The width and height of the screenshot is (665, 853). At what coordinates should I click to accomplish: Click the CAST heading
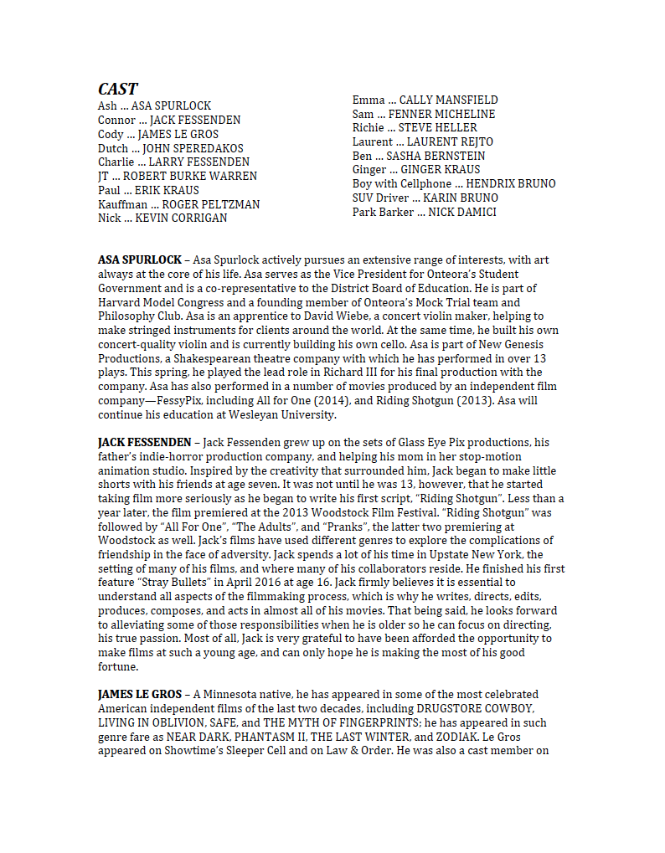point(117,90)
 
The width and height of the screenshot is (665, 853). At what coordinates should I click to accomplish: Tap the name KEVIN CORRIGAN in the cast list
point(181,218)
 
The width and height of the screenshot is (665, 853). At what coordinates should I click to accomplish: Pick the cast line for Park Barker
point(424,213)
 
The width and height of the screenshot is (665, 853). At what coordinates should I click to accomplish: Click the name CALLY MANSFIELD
point(448,100)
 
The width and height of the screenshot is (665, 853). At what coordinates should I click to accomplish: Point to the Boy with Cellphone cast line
point(453,184)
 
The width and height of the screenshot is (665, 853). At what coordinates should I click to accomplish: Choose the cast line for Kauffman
point(178,204)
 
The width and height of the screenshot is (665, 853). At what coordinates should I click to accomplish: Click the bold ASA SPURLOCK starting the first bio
point(139,260)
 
